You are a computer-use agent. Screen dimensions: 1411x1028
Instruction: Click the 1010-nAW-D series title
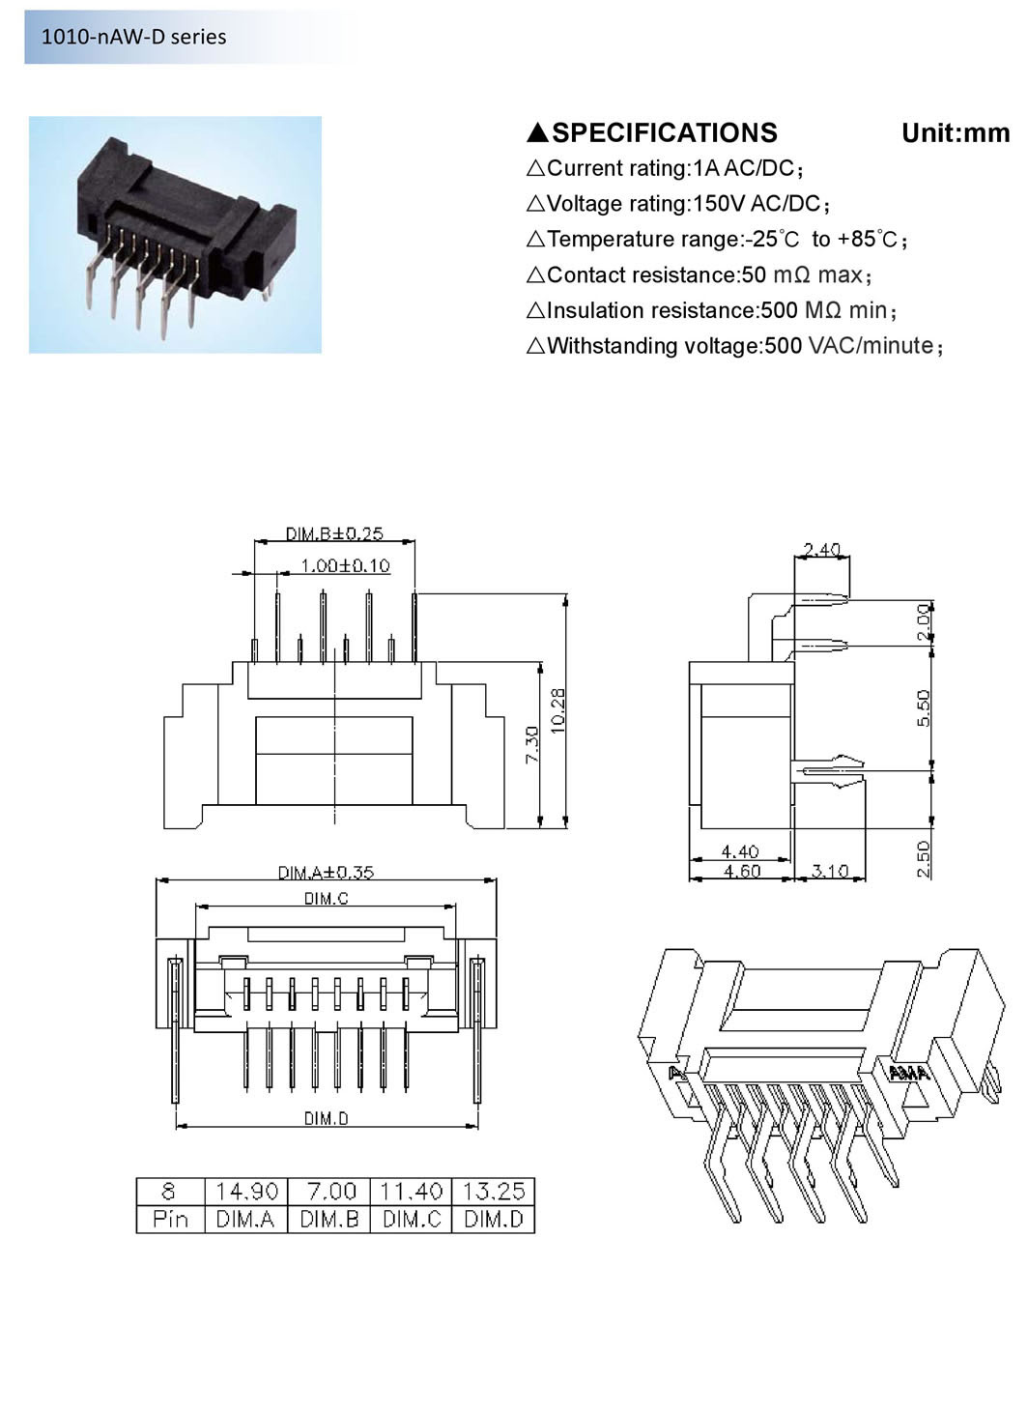pos(133,37)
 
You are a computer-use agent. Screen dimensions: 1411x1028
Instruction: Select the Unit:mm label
pos(955,133)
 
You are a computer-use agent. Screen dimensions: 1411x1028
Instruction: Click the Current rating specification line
pos(665,169)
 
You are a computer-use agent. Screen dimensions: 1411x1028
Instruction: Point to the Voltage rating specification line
pos(678,204)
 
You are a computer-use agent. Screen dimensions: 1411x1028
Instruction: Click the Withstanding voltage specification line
pos(734,346)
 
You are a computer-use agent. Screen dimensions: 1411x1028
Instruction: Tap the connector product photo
pos(175,235)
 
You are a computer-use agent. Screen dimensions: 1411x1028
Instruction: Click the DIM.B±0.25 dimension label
pos(334,533)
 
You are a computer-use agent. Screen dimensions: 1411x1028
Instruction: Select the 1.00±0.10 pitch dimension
pos(345,565)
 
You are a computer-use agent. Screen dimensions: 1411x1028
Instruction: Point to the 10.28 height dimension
pos(558,710)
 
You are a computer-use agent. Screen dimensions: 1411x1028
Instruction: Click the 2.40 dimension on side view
pos(821,550)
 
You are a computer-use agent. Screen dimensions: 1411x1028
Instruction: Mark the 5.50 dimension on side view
pos(923,708)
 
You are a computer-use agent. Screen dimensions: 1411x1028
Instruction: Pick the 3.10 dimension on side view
pos(829,871)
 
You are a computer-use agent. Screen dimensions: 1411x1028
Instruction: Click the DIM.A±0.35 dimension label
pos(326,872)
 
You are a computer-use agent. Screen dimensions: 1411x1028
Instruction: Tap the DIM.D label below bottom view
pos(326,1118)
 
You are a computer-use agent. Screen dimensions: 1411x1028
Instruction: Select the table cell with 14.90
pos(246,1191)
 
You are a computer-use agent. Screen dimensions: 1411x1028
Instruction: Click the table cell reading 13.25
pos(494,1191)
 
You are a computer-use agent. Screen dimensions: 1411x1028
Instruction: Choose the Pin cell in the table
pos(170,1219)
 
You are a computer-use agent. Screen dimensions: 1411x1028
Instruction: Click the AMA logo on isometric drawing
pos(908,1073)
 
